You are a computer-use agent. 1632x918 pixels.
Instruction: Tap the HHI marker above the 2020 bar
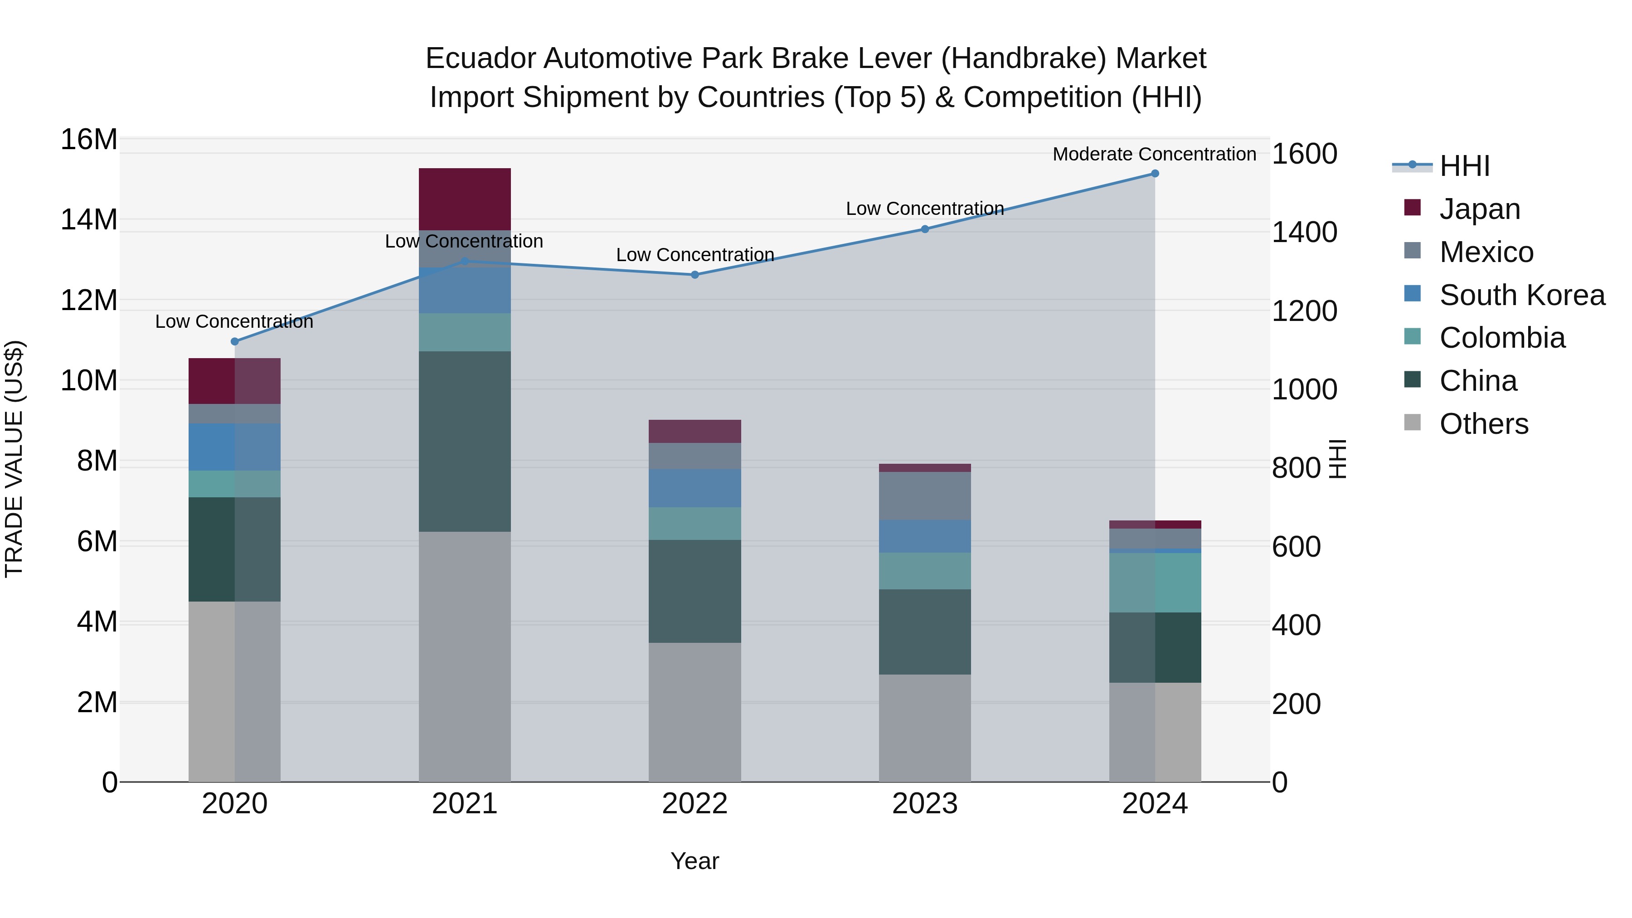coord(234,341)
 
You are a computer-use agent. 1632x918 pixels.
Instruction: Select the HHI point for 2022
coord(695,275)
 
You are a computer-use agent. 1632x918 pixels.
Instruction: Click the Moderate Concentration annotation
coord(1154,155)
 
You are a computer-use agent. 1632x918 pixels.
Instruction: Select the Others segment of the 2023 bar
coord(924,728)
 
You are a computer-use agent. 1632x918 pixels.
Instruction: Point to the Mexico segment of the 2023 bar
coord(924,496)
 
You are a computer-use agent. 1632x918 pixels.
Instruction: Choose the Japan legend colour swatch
coord(1412,208)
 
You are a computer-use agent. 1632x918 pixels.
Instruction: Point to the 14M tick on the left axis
coord(89,220)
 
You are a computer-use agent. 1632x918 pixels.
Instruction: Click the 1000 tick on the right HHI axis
coord(1304,389)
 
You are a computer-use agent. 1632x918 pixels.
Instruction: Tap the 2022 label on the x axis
coord(695,804)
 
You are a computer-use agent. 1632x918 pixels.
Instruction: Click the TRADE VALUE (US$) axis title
coord(14,459)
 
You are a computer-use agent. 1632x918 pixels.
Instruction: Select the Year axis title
coord(695,861)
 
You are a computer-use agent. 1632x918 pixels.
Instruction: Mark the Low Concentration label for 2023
coord(924,209)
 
